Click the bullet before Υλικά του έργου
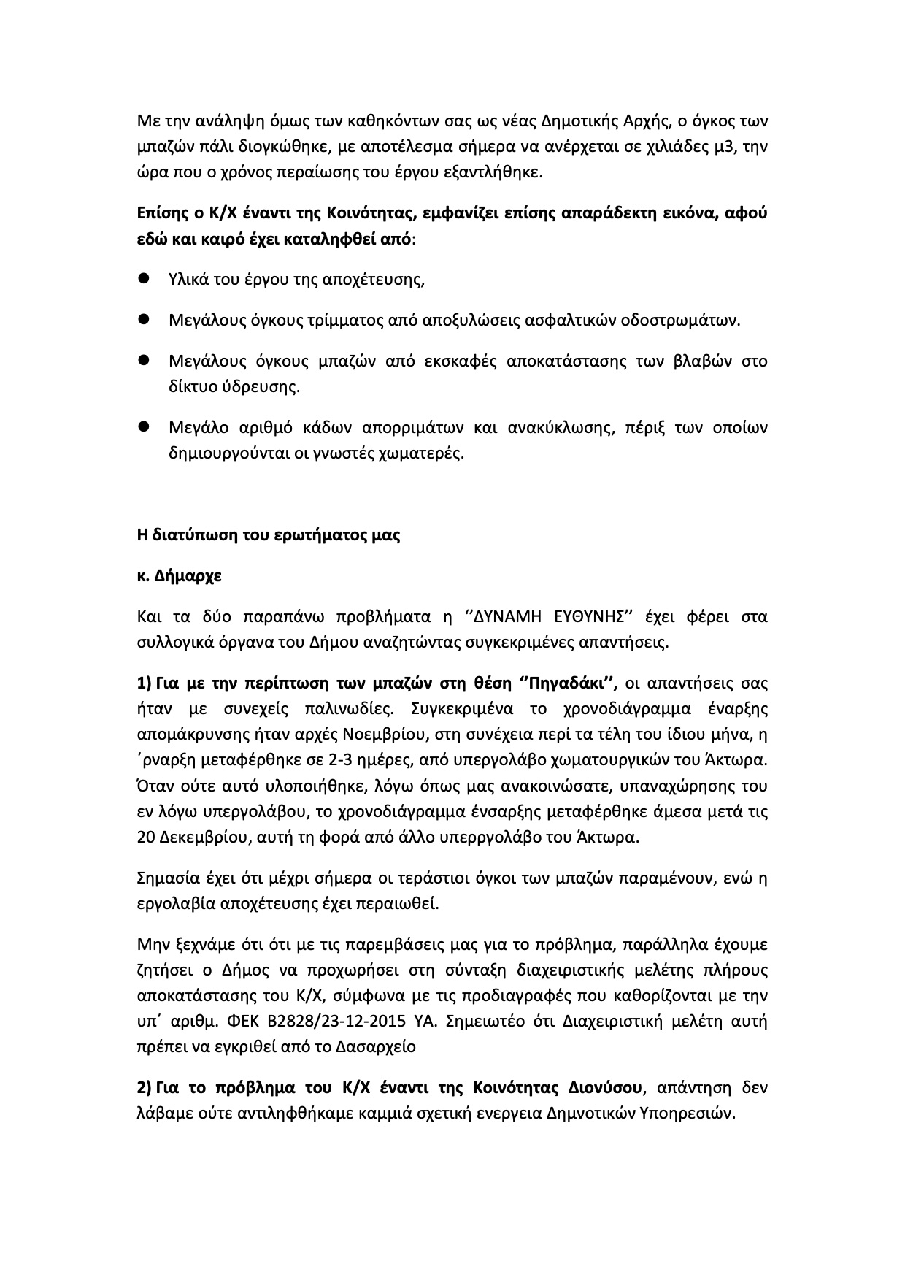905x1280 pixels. tap(144, 278)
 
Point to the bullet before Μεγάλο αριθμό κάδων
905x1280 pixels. tap(144, 426)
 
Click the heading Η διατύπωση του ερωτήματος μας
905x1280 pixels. tap(269, 534)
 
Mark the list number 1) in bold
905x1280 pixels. tap(144, 683)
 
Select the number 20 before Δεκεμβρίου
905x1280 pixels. tap(145, 837)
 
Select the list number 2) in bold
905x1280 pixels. tap(144, 1087)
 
